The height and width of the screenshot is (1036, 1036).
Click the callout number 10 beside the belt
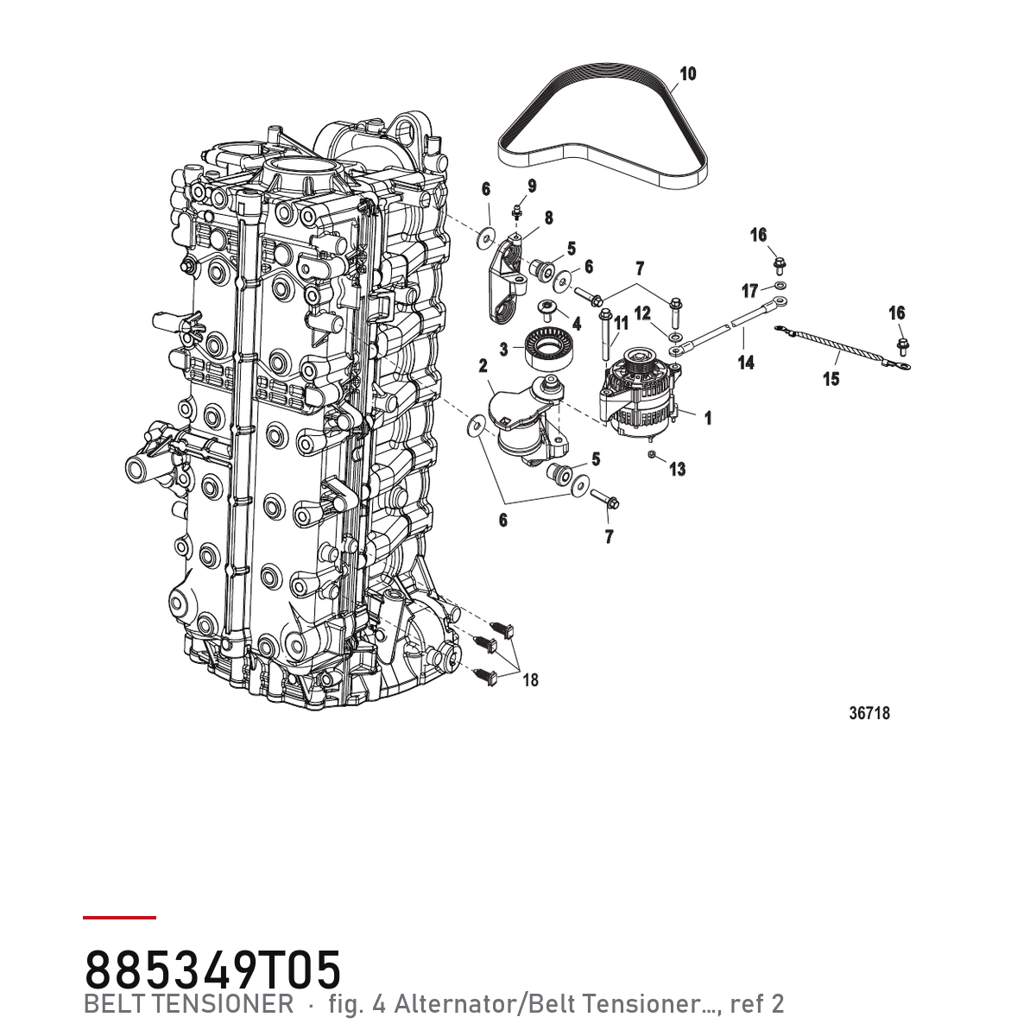point(688,73)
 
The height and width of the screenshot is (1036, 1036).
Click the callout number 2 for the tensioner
point(483,366)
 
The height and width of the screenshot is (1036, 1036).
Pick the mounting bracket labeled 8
point(509,280)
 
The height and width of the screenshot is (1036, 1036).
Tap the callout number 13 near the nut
point(678,470)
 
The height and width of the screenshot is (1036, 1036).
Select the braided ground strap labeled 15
point(842,347)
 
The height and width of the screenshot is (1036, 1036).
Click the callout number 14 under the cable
point(746,363)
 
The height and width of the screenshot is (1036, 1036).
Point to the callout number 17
point(750,292)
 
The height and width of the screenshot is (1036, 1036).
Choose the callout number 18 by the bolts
point(530,680)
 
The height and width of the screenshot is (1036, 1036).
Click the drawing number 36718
point(869,713)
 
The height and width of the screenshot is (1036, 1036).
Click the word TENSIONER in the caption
point(234,1004)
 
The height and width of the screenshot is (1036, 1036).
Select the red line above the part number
point(119,917)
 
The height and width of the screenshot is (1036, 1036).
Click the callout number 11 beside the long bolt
point(621,324)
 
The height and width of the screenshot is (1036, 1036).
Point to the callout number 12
point(642,313)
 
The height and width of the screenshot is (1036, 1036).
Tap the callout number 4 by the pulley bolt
point(577,324)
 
